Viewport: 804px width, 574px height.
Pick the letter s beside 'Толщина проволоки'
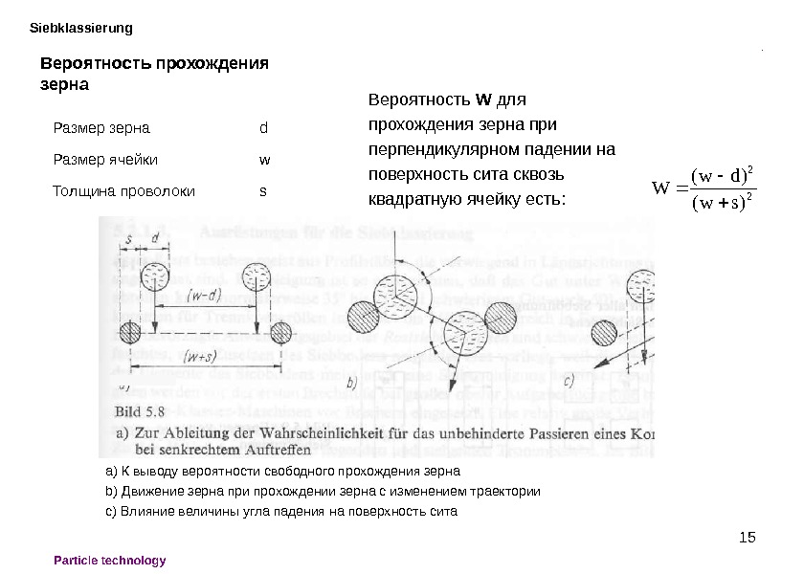tap(263, 190)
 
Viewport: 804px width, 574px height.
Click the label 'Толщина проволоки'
tap(123, 190)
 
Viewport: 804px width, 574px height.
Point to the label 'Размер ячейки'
tap(105, 159)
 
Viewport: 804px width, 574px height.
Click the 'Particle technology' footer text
tap(110, 561)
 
